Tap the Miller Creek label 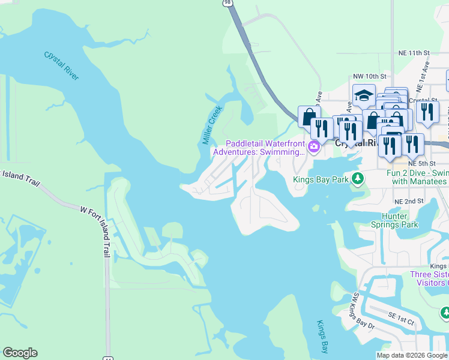[x=212, y=125]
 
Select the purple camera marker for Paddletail [x=313, y=147]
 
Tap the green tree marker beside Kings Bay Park [x=358, y=178]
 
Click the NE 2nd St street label [x=409, y=201]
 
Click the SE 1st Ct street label [x=400, y=322]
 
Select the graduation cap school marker [x=364, y=96]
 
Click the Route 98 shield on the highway [x=226, y=3]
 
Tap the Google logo [x=20, y=353]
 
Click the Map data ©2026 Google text [x=412, y=355]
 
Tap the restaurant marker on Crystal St [x=427, y=112]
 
